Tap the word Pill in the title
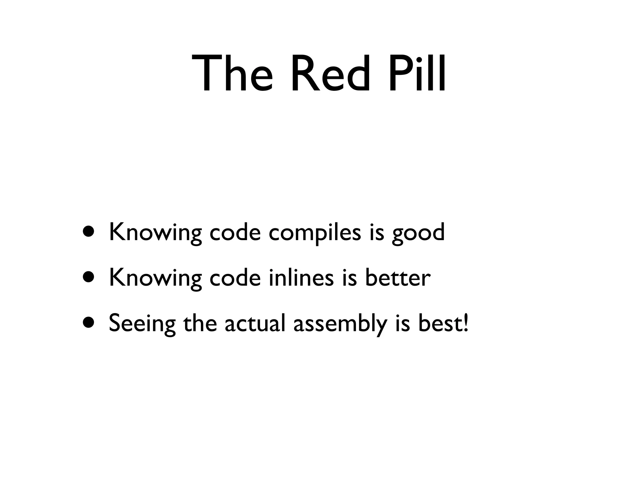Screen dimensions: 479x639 point(417,74)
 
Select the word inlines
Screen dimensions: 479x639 point(301,278)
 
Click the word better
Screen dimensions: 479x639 point(398,278)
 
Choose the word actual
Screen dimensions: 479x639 point(255,323)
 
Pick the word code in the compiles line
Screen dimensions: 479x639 point(235,232)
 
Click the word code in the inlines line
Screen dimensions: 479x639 point(235,278)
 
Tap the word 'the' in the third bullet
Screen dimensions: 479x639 point(200,323)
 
